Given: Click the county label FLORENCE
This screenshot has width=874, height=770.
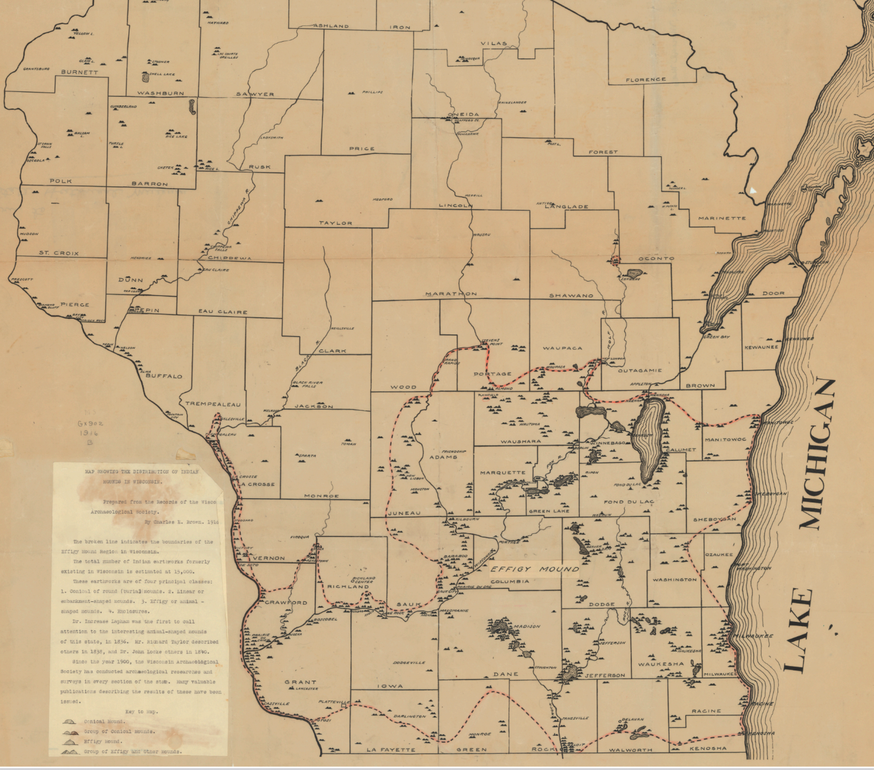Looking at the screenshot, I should click(x=646, y=79).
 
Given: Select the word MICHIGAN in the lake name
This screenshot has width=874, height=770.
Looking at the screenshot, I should click(x=819, y=454).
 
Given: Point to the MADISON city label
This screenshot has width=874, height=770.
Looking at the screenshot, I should click(x=527, y=626).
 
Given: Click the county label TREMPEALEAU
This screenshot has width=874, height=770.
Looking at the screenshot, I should click(x=213, y=404).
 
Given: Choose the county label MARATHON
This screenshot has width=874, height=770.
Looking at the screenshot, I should click(x=451, y=294).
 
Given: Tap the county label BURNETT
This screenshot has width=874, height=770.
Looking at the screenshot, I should click(x=79, y=72).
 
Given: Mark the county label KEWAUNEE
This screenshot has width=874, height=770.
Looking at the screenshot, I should click(x=761, y=347).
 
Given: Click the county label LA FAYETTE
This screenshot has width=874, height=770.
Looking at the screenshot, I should click(x=391, y=749).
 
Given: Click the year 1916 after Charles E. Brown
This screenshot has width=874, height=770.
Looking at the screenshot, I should click(x=213, y=523).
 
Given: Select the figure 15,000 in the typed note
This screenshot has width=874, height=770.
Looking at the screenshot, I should click(x=184, y=571).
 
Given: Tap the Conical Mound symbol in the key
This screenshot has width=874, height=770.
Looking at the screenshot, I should click(x=70, y=721).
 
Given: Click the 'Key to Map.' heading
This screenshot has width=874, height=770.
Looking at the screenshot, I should click(x=142, y=712).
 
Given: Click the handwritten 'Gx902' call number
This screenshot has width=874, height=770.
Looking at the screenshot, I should click(x=90, y=424).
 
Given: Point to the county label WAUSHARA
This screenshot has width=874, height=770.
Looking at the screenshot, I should click(x=520, y=441).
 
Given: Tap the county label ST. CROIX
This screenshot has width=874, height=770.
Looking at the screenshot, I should click(x=58, y=253).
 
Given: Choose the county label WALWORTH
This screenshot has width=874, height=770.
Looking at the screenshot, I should click(x=630, y=750).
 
